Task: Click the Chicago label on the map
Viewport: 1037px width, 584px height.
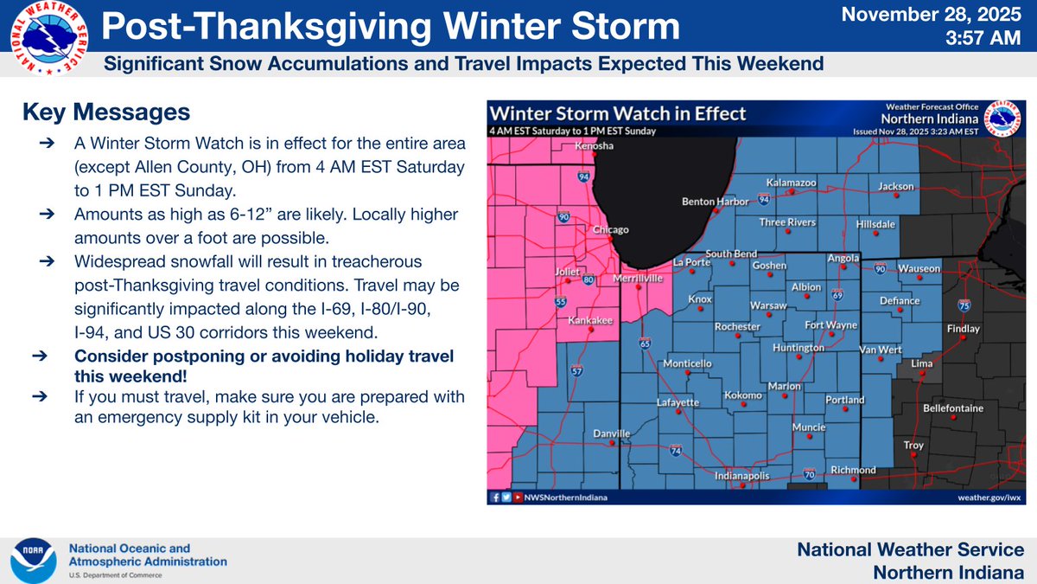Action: (611, 230)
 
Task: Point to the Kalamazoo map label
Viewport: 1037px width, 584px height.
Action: (792, 183)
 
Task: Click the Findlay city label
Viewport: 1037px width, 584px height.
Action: (964, 329)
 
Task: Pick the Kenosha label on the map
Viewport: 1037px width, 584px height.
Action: (595, 146)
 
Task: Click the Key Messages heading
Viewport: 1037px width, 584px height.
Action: (106, 112)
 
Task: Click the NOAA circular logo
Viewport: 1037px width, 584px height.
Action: (33, 561)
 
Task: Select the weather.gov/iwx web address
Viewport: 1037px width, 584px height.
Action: (987, 497)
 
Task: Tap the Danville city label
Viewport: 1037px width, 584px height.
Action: (612, 433)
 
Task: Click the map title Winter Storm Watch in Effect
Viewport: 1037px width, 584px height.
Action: (618, 114)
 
